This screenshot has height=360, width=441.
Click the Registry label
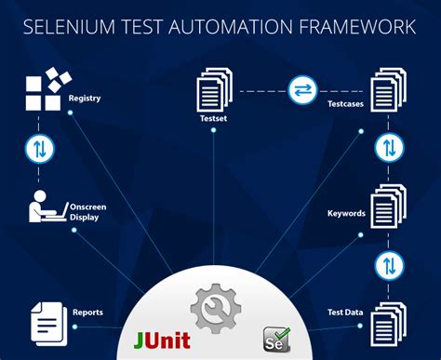click(x=85, y=98)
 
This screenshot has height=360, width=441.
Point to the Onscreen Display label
click(x=85, y=211)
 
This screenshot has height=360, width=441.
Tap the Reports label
click(x=87, y=313)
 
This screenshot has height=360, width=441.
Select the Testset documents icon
click(x=214, y=91)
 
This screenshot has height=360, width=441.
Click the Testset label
click(x=214, y=119)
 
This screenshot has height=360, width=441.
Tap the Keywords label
click(x=346, y=213)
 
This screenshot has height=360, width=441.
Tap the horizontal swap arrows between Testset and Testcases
click(x=301, y=89)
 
